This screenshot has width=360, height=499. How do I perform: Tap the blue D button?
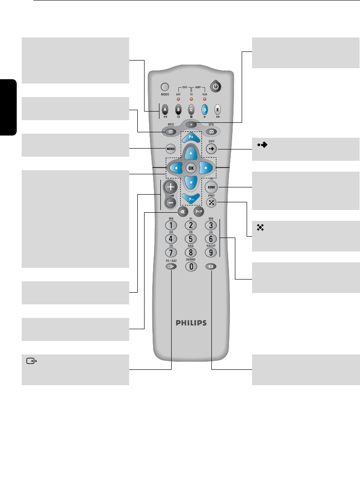204,109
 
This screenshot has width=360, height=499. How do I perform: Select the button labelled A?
165,109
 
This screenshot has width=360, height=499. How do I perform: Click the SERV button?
210,187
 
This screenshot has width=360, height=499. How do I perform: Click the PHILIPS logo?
191,323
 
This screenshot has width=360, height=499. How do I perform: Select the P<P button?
198,211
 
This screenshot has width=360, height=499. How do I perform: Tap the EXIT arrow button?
210,148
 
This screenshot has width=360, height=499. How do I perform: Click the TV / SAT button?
171,266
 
